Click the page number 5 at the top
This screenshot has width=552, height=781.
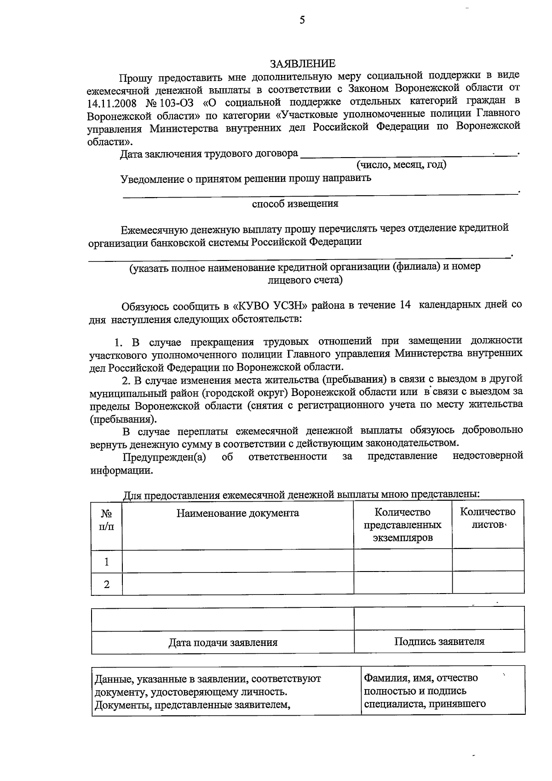coord(302,20)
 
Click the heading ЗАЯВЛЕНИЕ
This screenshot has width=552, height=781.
coord(302,63)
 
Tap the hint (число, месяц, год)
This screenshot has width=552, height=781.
coord(401,164)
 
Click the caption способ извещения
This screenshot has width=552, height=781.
coord(295,204)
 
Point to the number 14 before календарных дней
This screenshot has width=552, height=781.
coord(403,305)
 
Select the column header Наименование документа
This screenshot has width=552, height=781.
coord(237,513)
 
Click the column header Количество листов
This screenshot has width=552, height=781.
coord(488,518)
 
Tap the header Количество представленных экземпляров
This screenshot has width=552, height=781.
coord(402,525)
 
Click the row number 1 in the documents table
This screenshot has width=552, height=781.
coord(107,561)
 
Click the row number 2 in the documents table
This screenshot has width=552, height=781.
coord(107,584)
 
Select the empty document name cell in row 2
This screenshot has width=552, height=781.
coord(237,583)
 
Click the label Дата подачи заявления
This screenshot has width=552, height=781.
coord(223,642)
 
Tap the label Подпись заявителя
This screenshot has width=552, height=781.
coord(439,641)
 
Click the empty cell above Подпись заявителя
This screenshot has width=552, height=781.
coord(439,619)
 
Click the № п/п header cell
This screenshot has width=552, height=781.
coord(107,520)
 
